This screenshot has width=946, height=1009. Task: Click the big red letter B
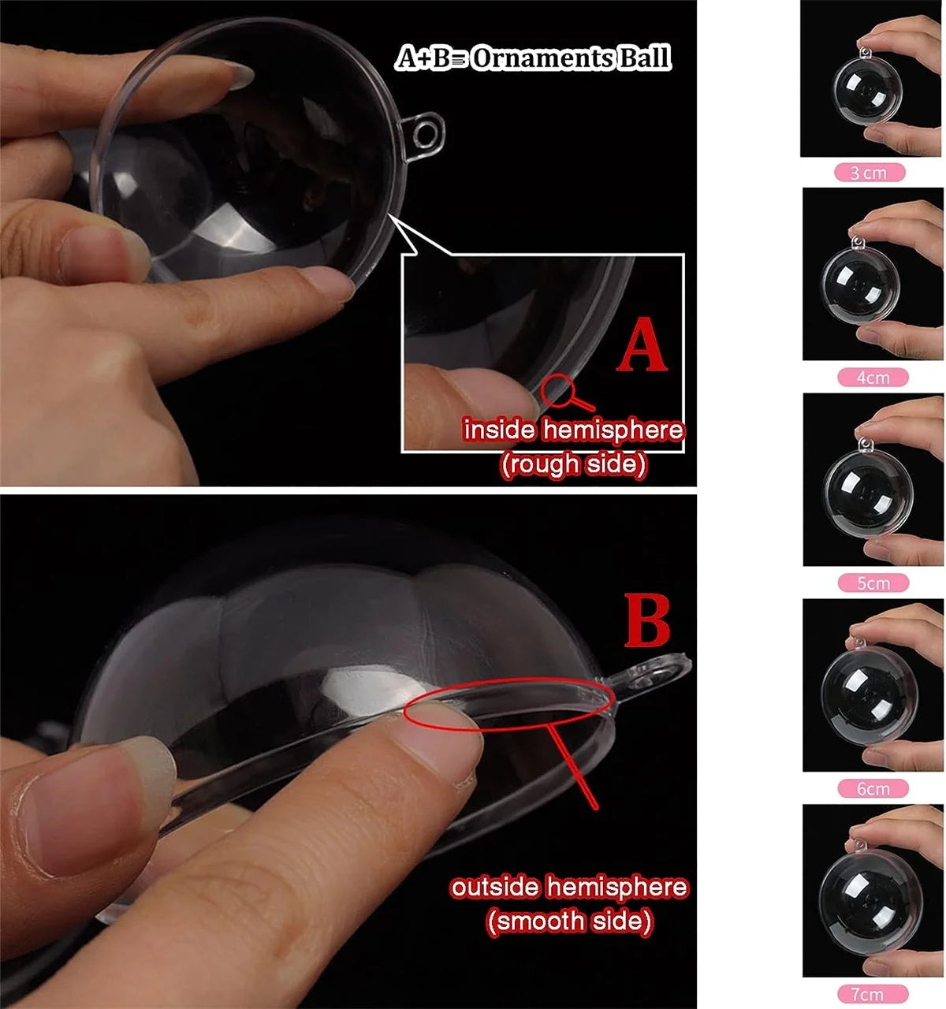pyautogui.click(x=647, y=621)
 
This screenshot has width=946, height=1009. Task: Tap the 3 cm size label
pyautogui.click(x=869, y=173)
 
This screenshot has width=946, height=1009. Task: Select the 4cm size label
pyautogui.click(x=873, y=378)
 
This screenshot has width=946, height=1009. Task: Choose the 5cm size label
pyautogui.click(x=873, y=583)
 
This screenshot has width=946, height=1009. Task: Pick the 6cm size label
pyautogui.click(x=873, y=789)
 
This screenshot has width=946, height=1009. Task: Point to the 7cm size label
pyautogui.click(x=873, y=995)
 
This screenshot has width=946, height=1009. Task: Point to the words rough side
pyautogui.click(x=573, y=464)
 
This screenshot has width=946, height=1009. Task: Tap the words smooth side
pyautogui.click(x=569, y=921)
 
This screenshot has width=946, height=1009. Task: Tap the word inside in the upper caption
pyautogui.click(x=498, y=430)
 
